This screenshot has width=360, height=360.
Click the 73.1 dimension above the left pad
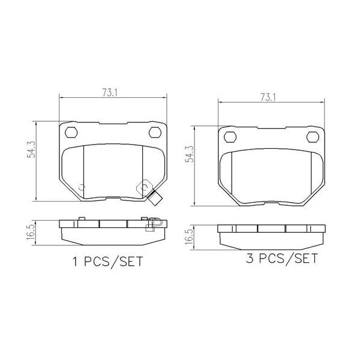pos(109,92)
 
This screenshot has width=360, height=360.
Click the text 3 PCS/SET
pos(281,259)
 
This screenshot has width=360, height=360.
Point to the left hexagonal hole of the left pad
pos(70,133)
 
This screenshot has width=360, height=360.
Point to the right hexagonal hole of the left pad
pos(154,133)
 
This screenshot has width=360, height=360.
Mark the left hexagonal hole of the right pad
pos(229,137)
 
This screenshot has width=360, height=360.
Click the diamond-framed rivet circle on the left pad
pos(144,187)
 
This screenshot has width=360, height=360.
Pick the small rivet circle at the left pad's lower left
pos(82,187)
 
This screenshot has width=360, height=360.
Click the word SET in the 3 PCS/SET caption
pos(304,259)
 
